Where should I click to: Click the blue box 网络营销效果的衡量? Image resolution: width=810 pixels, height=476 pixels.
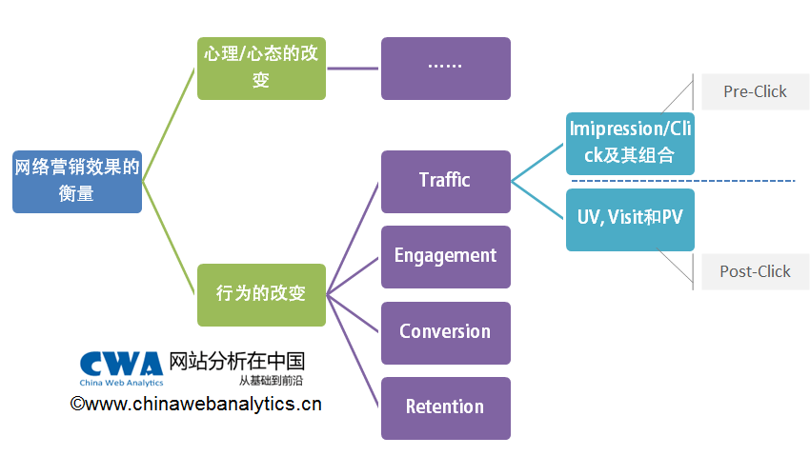coord(77,181)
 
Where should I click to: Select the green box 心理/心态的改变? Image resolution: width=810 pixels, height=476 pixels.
coord(261,69)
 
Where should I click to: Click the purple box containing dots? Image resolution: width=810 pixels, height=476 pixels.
coord(445,69)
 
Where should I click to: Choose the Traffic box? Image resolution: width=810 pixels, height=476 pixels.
coord(445,181)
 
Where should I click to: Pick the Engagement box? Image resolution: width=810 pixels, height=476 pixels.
coord(445,256)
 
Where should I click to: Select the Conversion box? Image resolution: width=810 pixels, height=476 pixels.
coord(445,332)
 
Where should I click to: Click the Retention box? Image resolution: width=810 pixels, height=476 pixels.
coord(445,407)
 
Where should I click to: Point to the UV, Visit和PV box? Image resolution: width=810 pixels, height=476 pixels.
coord(630,219)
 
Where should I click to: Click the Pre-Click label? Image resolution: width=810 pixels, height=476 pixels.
coord(755,91)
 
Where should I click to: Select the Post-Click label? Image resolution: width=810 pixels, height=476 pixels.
coord(755,271)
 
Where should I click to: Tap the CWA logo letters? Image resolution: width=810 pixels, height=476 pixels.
coord(121,363)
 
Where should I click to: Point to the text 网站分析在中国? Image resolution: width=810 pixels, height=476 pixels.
coord(236,361)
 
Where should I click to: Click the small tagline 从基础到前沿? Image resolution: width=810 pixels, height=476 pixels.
coord(271,380)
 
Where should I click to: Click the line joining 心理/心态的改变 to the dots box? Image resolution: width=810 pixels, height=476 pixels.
coord(354,69)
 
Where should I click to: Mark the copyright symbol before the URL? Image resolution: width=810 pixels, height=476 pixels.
coord(77,405)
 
